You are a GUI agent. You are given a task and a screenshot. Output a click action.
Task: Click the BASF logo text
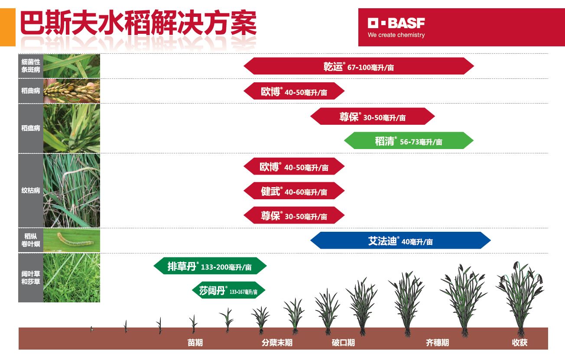[x=396, y=23]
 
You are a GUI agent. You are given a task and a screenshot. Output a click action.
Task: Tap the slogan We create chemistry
[x=396, y=35]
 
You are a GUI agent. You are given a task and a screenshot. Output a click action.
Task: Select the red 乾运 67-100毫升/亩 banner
[x=359, y=66]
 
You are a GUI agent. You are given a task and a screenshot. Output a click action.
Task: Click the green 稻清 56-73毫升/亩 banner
[x=409, y=140]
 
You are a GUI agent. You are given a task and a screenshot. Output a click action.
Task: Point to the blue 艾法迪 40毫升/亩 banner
[x=400, y=240]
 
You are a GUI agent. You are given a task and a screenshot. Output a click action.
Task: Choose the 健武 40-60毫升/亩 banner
[x=294, y=191]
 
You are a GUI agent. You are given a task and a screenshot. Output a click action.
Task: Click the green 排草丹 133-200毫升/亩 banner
[x=210, y=266]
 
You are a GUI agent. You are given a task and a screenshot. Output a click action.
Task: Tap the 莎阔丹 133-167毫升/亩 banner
[x=228, y=290]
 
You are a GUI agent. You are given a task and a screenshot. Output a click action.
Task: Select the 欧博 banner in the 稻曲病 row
[x=294, y=91]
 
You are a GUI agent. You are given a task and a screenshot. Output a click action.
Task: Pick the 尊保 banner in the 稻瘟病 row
[x=373, y=116]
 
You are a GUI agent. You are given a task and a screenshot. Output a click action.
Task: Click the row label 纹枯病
[x=30, y=191]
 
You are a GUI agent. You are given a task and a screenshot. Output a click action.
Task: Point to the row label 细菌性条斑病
[x=30, y=66]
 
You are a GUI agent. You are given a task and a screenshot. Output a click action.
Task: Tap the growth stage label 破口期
[x=343, y=343]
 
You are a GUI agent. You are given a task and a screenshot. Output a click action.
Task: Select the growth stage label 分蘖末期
[x=277, y=343]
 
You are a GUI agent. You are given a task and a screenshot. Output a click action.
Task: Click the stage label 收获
[x=520, y=343]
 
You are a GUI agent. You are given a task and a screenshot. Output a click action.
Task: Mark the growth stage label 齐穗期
[x=437, y=343]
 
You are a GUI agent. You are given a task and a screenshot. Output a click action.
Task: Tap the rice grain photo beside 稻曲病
[x=71, y=91]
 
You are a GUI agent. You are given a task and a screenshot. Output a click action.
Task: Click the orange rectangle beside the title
[x=8, y=27]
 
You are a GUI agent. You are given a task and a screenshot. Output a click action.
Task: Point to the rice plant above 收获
[x=520, y=299]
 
